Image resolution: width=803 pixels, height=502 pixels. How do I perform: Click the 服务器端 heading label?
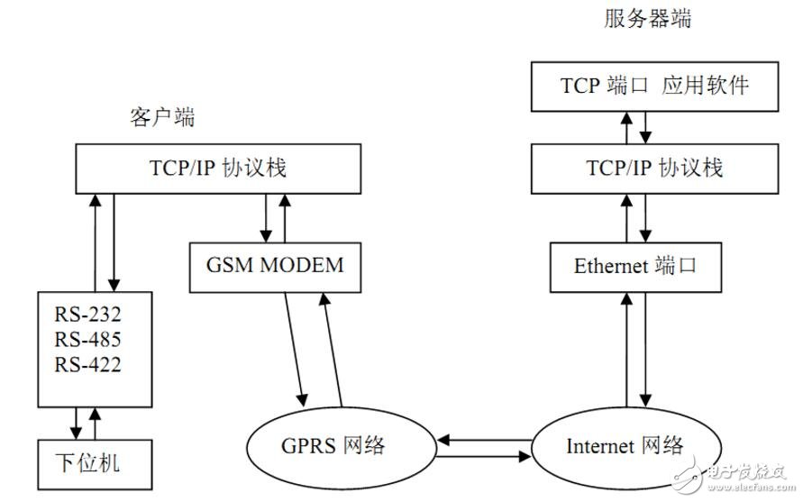[x=647, y=19]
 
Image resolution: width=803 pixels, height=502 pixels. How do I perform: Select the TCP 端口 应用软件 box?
[x=654, y=87]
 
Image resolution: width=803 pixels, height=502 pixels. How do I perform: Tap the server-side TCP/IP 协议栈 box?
[x=654, y=168]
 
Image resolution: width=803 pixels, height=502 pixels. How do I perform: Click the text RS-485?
[x=89, y=341]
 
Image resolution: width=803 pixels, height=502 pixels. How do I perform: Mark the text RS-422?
[x=89, y=365]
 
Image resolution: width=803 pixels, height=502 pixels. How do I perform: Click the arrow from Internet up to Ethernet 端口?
[x=625, y=351]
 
